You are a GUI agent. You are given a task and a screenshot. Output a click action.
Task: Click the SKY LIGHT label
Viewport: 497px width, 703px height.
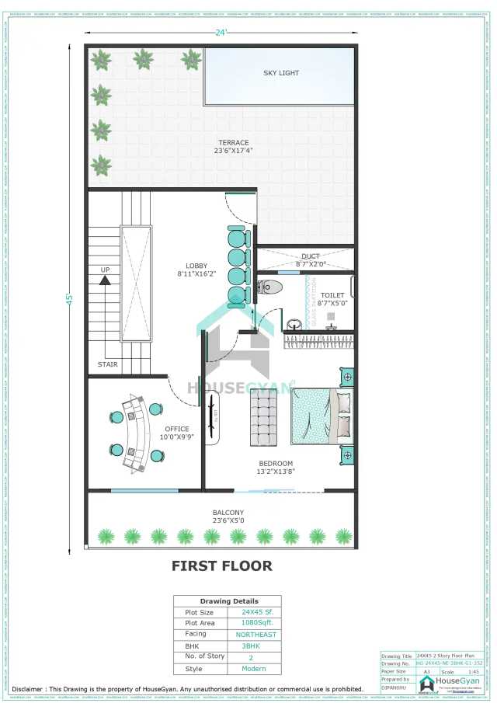click(x=280, y=73)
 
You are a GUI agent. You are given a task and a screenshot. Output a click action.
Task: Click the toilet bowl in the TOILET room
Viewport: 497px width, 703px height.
click(x=270, y=287)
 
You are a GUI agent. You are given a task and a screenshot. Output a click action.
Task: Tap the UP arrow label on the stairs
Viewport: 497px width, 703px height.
click(x=104, y=270)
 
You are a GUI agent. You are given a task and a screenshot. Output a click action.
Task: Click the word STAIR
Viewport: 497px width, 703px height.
click(x=108, y=364)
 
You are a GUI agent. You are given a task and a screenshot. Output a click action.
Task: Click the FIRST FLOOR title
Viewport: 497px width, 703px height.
click(x=222, y=566)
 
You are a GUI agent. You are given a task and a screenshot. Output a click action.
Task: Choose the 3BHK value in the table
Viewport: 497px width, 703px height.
click(x=251, y=646)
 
